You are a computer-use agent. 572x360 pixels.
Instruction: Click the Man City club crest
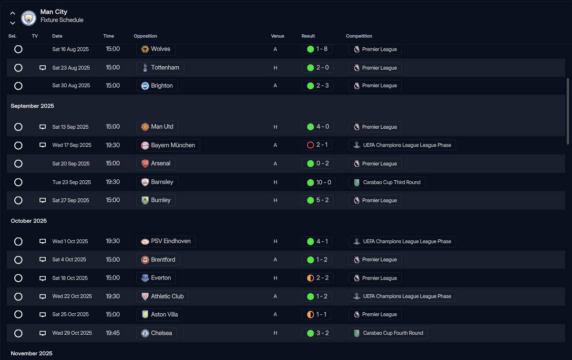pos(29,18)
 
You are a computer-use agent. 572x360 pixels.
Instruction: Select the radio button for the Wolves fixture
pos(18,49)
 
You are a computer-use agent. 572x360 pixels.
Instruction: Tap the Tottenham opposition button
pos(160,68)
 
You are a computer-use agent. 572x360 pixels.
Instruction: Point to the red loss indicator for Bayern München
pos(310,145)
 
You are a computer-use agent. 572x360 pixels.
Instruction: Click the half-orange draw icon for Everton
pos(310,278)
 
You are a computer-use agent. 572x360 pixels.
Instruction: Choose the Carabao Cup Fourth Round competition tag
pos(388,333)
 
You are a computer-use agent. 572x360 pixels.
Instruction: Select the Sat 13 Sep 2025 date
pos(71,127)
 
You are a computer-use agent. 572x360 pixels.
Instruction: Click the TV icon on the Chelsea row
pos(42,333)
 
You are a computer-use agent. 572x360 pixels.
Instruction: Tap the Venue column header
pos(277,36)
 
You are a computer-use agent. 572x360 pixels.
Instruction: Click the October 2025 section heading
pos(29,221)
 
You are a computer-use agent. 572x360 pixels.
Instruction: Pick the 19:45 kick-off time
pos(112,333)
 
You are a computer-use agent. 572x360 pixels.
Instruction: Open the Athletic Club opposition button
pos(162,296)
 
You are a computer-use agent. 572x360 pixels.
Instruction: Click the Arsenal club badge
pos(145,164)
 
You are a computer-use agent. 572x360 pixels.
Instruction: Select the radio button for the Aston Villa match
pos(18,315)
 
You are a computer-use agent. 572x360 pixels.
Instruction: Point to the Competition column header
pos(359,36)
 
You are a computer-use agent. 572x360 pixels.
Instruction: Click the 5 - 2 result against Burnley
pos(317,200)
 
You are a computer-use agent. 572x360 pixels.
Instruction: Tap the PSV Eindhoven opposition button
pos(166,241)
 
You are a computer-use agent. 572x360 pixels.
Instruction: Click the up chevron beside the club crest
pos(12,14)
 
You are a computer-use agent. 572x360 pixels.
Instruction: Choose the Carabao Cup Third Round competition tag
pos(387,182)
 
